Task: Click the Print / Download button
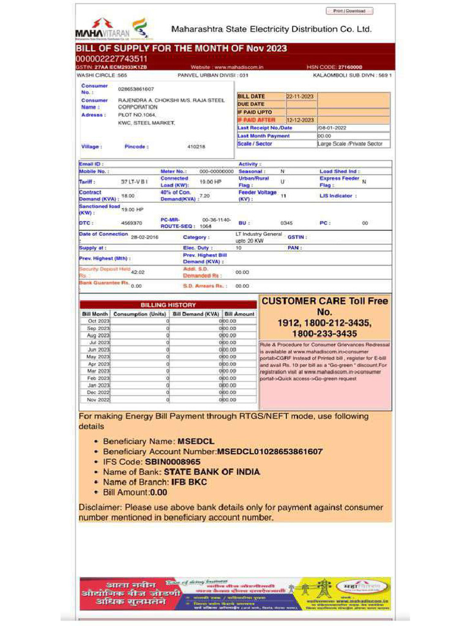[x=349, y=11]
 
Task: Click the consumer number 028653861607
[x=136, y=89]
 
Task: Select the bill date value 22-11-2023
[x=300, y=97]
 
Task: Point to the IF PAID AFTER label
[x=256, y=120]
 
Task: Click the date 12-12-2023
[x=300, y=120]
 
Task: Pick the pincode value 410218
[x=196, y=147]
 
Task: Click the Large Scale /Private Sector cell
[x=350, y=144]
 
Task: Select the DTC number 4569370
[x=132, y=223]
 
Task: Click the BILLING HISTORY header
[x=168, y=304]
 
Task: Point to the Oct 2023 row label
[x=98, y=321]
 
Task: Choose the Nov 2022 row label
[x=98, y=399]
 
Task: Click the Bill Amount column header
[x=239, y=314]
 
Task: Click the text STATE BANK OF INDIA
[x=212, y=472]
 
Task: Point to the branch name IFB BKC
[x=189, y=482]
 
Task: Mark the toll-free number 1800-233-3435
[x=324, y=334]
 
